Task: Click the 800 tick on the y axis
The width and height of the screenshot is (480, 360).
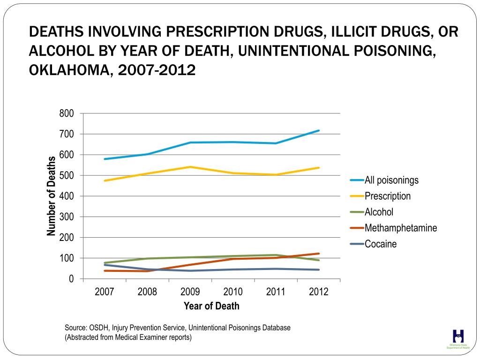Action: (67, 113)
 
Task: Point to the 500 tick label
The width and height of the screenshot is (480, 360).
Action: (67, 175)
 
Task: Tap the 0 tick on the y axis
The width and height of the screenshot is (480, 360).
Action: (71, 279)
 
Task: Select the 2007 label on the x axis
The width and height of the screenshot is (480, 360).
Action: (105, 292)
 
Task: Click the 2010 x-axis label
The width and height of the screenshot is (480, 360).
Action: (233, 292)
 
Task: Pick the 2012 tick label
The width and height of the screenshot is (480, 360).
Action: (319, 292)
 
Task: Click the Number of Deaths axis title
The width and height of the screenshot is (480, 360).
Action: (52, 196)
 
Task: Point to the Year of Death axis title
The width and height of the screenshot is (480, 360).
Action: (211, 306)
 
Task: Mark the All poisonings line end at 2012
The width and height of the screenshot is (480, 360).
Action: (319, 130)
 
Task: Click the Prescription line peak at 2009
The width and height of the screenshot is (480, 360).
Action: (190, 167)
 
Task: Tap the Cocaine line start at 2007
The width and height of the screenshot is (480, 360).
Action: (105, 265)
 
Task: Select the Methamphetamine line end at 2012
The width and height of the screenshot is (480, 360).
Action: (319, 254)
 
